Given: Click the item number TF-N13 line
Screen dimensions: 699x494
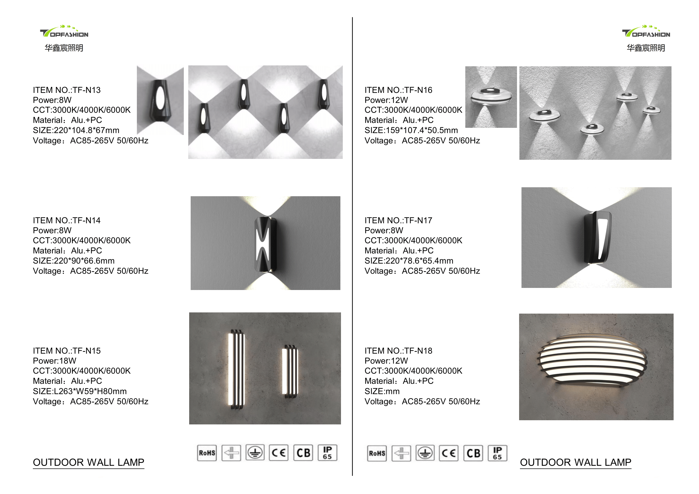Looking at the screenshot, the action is tap(67, 90).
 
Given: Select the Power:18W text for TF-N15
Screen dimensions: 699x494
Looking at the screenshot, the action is tap(54, 361).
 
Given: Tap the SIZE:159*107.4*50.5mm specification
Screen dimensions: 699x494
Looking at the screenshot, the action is tap(411, 130).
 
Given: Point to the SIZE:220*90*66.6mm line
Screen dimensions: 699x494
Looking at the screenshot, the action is tap(74, 261).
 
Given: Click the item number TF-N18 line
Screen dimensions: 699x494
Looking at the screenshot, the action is tap(398, 351).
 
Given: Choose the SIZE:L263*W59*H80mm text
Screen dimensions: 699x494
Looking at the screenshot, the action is tap(80, 391).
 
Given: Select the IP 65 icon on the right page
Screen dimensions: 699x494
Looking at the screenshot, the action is tap(497, 453).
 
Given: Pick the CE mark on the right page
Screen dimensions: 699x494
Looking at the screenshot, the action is tap(449, 453).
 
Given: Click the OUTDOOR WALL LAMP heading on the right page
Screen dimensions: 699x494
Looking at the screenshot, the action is tap(575, 462).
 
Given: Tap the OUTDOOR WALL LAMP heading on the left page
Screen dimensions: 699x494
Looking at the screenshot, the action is tap(88, 462).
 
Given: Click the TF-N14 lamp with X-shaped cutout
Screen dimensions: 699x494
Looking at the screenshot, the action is tap(265, 244).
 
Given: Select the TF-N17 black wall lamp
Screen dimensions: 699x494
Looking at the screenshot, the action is tap(597, 237).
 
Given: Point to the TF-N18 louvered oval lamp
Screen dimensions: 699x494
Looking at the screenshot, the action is tap(592, 362).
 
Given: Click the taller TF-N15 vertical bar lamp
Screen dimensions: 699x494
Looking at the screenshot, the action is tap(237, 369).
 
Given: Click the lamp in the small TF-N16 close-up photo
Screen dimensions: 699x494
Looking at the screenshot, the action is tap(490, 96).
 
